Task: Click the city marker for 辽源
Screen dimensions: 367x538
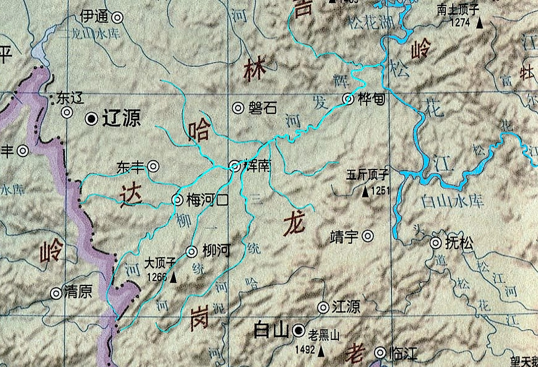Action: click(91, 118)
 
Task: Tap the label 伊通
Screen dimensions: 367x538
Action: click(94, 17)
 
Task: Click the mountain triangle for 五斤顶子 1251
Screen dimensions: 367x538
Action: click(365, 191)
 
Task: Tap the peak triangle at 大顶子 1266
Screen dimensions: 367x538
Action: click(173, 278)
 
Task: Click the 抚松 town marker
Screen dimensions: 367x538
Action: click(436, 243)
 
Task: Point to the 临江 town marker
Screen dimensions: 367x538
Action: click(381, 353)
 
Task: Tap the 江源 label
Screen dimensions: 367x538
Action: click(346, 306)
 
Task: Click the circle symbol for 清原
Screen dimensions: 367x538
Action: click(56, 293)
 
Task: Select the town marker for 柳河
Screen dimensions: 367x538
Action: click(191, 251)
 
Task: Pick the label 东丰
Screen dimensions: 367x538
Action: click(130, 166)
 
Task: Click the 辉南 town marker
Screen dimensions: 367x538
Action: click(234, 166)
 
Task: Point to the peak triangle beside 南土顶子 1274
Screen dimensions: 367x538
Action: click(479, 23)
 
